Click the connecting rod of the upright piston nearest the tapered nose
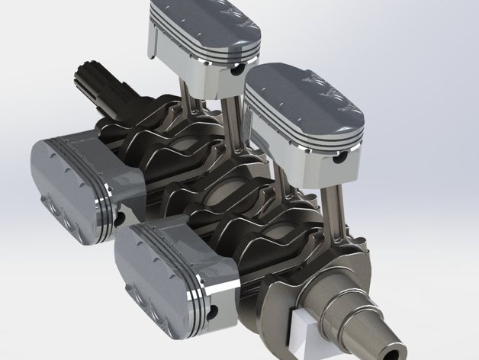(x=334, y=206)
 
